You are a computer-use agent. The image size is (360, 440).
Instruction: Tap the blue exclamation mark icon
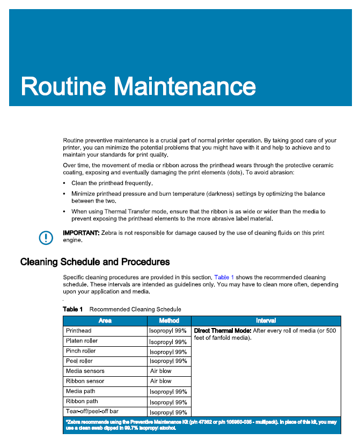46,237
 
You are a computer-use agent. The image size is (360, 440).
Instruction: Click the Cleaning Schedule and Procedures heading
95,262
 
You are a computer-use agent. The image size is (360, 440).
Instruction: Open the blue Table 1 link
224,277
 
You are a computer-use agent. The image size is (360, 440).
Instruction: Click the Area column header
105,320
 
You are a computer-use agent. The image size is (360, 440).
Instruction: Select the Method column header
169,320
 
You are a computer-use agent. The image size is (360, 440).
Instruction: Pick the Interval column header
266,320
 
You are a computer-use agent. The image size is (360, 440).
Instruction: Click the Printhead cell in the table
78,331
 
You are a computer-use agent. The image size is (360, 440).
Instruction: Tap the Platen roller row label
82,341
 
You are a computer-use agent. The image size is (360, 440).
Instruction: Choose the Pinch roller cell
80,351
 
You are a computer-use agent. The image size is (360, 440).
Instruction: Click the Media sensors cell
85,371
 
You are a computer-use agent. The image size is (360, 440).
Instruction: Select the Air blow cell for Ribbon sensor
161,381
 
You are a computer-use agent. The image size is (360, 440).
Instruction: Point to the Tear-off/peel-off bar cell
92,412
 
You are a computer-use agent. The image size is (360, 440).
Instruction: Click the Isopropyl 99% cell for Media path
168,392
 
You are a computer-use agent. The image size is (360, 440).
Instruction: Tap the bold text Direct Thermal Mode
222,331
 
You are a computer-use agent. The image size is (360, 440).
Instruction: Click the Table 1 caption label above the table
73,309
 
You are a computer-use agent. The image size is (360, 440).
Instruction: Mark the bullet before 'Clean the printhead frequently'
65,183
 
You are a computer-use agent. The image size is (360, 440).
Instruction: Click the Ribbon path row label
82,401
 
